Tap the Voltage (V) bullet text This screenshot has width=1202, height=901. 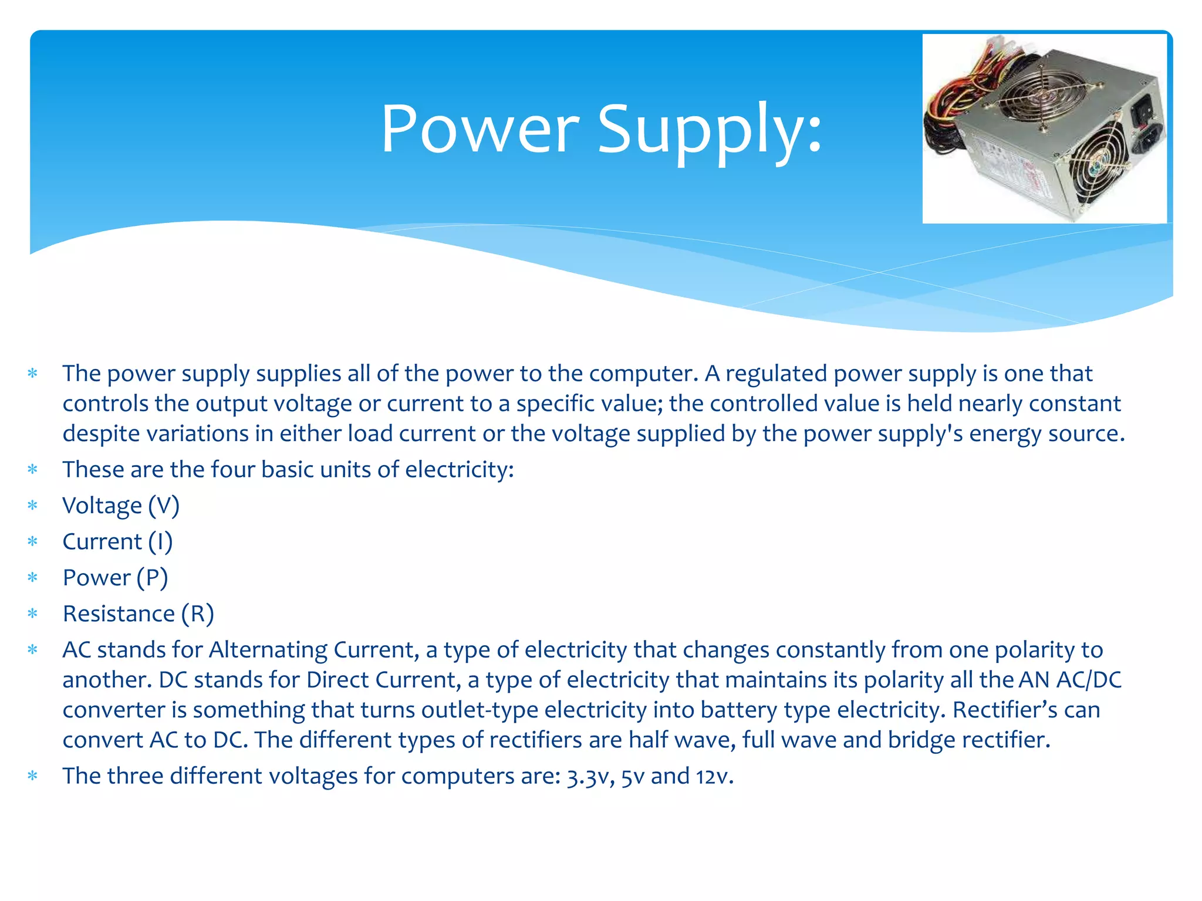121,506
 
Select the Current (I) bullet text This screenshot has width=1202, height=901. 117,541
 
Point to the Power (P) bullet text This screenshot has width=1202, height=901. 115,578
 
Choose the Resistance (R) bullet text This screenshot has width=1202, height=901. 139,614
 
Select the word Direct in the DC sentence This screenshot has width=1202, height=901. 337,680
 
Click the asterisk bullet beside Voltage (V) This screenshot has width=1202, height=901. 33,506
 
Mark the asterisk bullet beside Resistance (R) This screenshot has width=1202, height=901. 33,614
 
